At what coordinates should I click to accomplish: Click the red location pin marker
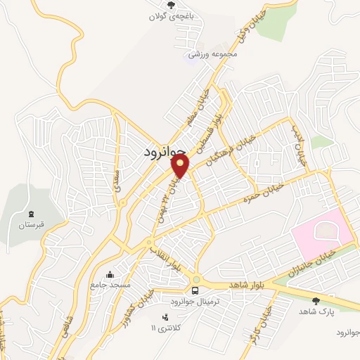(181, 166)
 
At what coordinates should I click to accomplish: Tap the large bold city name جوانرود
(165, 151)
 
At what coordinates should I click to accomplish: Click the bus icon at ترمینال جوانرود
(195, 290)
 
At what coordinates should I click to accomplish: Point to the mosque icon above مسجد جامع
(110, 275)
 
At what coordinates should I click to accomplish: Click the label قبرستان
(30, 225)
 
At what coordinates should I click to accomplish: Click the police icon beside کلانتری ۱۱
(166, 317)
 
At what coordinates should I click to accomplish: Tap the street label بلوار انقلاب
(166, 258)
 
